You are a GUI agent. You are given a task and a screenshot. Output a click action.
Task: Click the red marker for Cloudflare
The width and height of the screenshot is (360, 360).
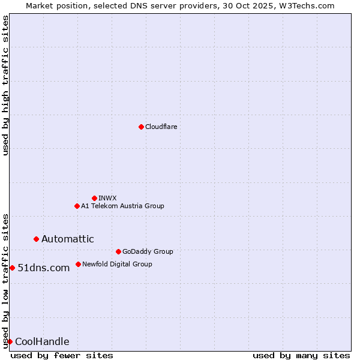[x=141, y=127]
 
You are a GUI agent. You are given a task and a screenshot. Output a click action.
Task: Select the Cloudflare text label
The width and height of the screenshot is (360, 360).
[x=161, y=127]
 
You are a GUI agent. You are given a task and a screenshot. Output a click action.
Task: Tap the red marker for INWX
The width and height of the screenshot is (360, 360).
[x=94, y=198]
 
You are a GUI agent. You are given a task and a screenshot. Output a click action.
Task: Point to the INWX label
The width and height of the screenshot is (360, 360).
[x=107, y=198]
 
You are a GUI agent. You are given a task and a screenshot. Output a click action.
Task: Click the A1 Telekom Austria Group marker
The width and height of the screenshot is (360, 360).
[x=77, y=206]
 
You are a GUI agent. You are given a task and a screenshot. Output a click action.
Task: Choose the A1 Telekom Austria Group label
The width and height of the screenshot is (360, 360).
[x=122, y=206]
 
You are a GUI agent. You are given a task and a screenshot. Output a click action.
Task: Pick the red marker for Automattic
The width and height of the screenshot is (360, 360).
[x=36, y=239]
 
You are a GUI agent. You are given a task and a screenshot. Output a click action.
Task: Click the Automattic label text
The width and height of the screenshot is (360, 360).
[x=67, y=239]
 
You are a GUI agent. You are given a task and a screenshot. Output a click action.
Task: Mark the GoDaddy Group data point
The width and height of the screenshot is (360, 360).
[x=118, y=251]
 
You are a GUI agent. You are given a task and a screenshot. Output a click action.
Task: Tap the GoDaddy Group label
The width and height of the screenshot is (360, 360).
[x=148, y=251]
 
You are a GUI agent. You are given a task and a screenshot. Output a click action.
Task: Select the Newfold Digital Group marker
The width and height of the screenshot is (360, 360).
[x=78, y=264]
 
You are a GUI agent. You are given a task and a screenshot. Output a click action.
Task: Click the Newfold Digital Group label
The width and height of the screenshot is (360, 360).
[x=117, y=264]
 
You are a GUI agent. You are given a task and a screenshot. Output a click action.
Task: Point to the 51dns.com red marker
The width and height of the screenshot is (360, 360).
[x=12, y=268]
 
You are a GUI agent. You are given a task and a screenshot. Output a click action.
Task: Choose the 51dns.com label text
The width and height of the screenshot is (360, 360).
[x=44, y=268]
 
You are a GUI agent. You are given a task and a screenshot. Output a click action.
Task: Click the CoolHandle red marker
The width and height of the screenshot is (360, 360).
[x=10, y=341]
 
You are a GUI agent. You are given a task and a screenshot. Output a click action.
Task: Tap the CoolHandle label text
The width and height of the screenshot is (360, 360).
[x=42, y=342]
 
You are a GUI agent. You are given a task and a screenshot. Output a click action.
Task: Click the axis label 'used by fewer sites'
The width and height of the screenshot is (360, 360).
[x=62, y=355]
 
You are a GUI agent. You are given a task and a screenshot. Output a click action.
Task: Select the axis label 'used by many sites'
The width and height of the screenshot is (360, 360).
[x=301, y=355]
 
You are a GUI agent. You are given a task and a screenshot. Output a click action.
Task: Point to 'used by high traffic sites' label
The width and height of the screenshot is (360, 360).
[x=5, y=85]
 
